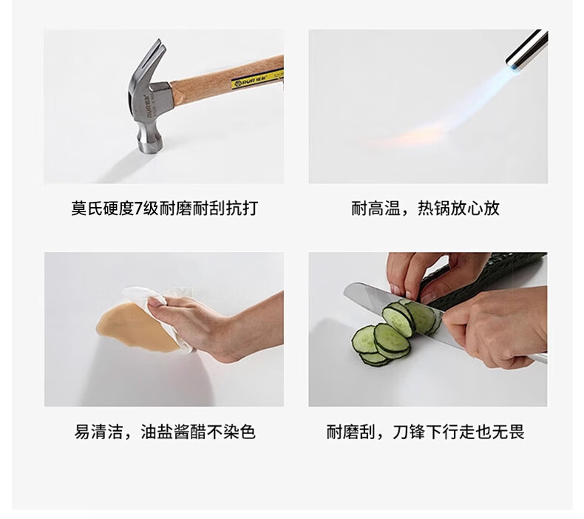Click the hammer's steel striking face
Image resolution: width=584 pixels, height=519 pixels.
click(151, 146)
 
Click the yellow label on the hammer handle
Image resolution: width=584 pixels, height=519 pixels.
click(257, 79)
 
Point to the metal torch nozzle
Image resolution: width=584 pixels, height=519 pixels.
click(527, 50)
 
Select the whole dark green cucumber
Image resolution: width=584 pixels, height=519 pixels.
click(484, 283)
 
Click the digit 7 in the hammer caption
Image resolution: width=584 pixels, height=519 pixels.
click(138, 208)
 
